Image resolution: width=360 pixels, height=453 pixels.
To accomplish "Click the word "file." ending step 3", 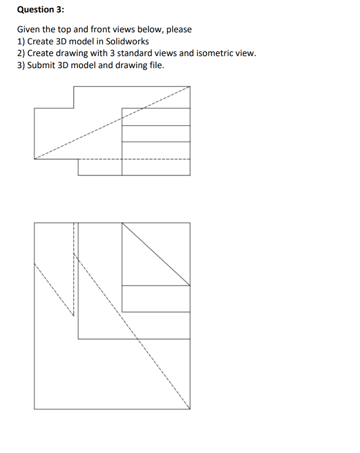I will pyautogui.click(x=155, y=65).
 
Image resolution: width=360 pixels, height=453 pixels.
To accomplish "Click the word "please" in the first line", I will pyautogui.click(x=179, y=30).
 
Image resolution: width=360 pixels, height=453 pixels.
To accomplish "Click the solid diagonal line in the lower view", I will pyautogui.click(x=156, y=254).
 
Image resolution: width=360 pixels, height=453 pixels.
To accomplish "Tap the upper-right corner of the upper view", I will pyautogui.click(x=190, y=87).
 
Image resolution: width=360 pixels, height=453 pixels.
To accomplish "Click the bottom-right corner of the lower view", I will pyautogui.click(x=190, y=409).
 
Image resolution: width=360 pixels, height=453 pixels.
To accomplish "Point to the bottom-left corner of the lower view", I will pyautogui.click(x=34, y=409).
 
